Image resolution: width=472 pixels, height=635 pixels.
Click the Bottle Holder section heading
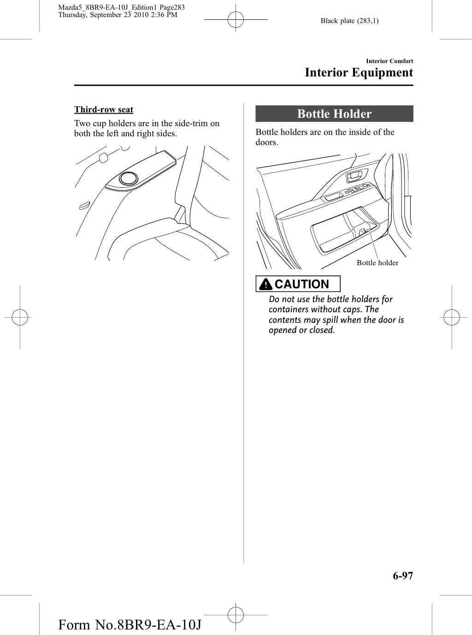pos(334,114)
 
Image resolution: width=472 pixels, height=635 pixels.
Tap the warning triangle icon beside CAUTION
pos(266,285)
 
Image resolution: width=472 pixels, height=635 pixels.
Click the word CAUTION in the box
pos(302,284)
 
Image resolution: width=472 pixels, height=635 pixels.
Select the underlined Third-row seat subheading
pos(104,110)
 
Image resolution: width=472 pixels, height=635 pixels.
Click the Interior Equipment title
pos(359,73)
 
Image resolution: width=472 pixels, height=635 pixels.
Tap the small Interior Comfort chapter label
pos(389,61)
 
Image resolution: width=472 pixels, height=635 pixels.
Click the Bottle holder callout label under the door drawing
pos(377,263)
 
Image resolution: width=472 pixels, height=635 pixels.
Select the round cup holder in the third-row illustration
pos(127,178)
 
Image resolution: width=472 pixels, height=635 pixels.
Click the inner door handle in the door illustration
pos(355,175)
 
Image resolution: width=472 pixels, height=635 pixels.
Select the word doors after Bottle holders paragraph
pos(266,142)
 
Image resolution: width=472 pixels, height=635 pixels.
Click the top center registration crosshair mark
pos(236,21)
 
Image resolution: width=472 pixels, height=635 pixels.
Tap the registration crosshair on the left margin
pos(20,317)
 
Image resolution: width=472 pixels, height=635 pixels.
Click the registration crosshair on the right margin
pos(452,317)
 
